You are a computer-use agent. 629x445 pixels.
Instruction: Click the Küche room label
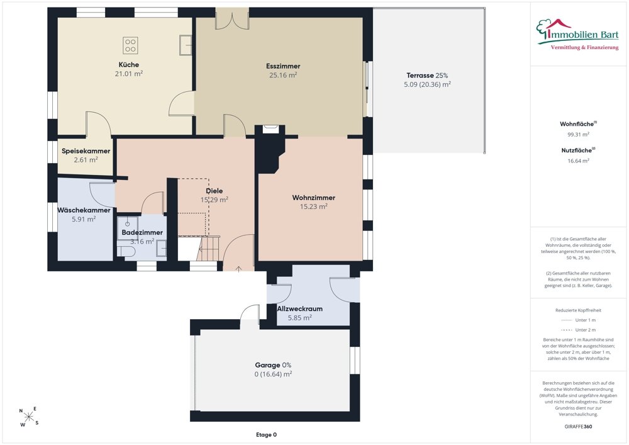point(129,65)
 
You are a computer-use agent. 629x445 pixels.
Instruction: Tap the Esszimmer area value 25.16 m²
point(283,75)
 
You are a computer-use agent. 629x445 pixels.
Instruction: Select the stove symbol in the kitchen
point(130,45)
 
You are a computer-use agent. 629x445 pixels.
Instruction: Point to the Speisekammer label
point(86,151)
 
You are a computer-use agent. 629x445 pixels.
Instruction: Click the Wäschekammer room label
point(84,210)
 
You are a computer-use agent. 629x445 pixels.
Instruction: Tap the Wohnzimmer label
point(314,198)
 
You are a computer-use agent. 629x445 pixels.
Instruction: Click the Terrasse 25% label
point(427,76)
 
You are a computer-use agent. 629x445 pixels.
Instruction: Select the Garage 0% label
point(273,365)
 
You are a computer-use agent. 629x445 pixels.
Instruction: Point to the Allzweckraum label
point(299,308)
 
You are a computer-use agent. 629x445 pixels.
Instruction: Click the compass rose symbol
point(29,417)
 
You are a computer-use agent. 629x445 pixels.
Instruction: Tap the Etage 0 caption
point(266,434)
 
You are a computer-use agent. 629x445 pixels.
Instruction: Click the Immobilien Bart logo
point(577,35)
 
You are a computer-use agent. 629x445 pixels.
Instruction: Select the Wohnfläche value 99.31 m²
point(579,135)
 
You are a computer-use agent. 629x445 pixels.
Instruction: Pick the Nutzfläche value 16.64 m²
point(579,161)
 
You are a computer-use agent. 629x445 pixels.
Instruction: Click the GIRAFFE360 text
point(579,427)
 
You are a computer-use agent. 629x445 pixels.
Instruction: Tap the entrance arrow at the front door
point(238,269)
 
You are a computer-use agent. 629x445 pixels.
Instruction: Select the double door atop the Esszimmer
point(232,20)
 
